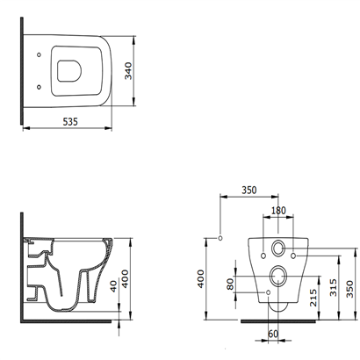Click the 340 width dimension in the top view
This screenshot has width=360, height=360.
coord(128,71)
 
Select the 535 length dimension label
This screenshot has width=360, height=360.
coord(70,121)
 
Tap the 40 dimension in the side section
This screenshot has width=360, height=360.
coord(113,286)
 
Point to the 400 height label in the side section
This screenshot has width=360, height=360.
coord(125,279)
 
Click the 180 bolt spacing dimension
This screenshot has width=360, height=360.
coord(278,211)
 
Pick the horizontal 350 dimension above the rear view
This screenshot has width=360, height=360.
coord(249,191)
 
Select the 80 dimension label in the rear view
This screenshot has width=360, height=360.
coord(230,284)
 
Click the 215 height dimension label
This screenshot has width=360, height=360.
coord(313,298)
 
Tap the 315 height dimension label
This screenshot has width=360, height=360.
coord(333,287)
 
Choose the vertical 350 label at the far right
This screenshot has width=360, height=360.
coord(349,289)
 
